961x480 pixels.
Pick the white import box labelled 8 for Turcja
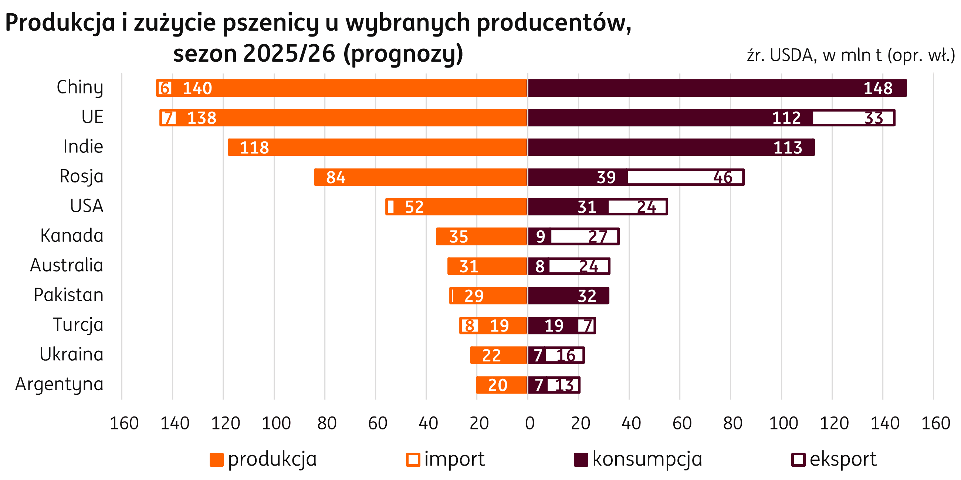click(470, 326)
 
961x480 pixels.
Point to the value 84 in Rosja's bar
click(335, 177)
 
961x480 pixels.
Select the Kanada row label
click(72, 236)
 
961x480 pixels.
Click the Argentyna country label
click(59, 384)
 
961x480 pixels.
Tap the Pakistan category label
click(68, 295)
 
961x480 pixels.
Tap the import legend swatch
click(413, 459)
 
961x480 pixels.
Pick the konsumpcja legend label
click(647, 459)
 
